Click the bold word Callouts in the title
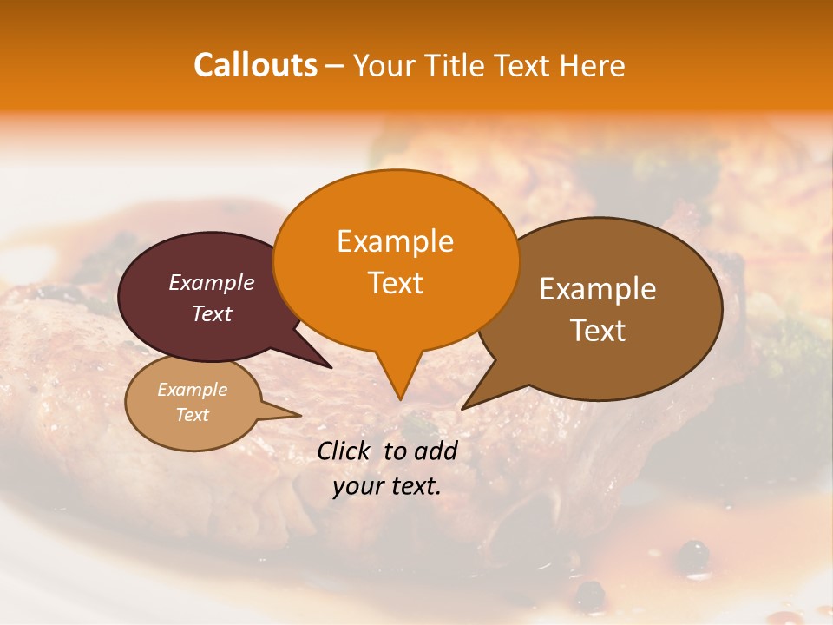[255, 65]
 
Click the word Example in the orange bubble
[395, 241]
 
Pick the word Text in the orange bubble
[395, 283]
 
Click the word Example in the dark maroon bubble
[212, 282]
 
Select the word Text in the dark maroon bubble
[212, 313]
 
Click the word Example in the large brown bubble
[598, 289]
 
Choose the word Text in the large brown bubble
[598, 330]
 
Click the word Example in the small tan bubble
[193, 390]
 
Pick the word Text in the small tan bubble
[193, 415]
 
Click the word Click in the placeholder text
[345, 451]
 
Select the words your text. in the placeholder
[387, 486]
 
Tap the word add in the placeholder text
[436, 451]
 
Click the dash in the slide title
[336, 66]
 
